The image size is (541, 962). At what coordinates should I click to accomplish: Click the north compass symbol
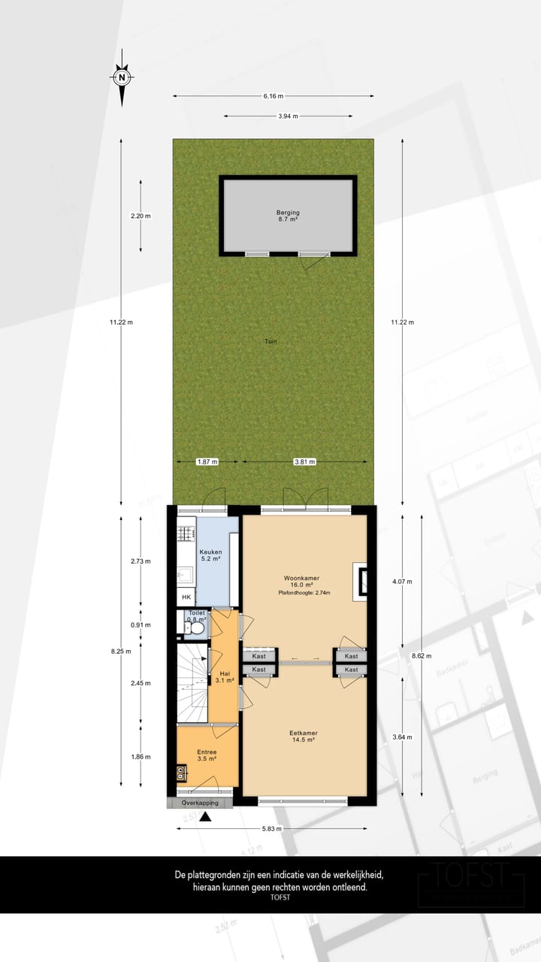click(x=122, y=77)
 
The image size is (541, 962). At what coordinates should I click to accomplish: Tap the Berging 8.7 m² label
click(x=287, y=216)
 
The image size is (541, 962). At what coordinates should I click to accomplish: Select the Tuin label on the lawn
click(x=271, y=341)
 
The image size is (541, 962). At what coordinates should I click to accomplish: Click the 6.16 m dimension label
click(x=274, y=96)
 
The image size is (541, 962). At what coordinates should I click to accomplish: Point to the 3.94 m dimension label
click(x=287, y=116)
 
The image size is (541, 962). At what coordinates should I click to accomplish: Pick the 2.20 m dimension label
click(x=141, y=216)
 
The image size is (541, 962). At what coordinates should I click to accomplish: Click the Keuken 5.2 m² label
click(x=210, y=555)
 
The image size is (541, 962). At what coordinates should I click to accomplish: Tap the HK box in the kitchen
click(x=186, y=597)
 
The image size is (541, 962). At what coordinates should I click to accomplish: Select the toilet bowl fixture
click(x=189, y=624)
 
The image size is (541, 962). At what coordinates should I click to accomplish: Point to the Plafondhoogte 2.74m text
click(x=304, y=593)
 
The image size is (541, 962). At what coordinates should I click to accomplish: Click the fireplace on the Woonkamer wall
click(x=362, y=581)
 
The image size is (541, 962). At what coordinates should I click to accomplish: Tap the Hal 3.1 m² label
click(x=224, y=677)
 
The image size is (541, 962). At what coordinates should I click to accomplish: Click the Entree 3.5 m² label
click(x=207, y=755)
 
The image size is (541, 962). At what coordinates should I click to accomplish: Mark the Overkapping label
click(x=199, y=803)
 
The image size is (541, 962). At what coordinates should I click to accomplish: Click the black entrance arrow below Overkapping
click(x=205, y=817)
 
